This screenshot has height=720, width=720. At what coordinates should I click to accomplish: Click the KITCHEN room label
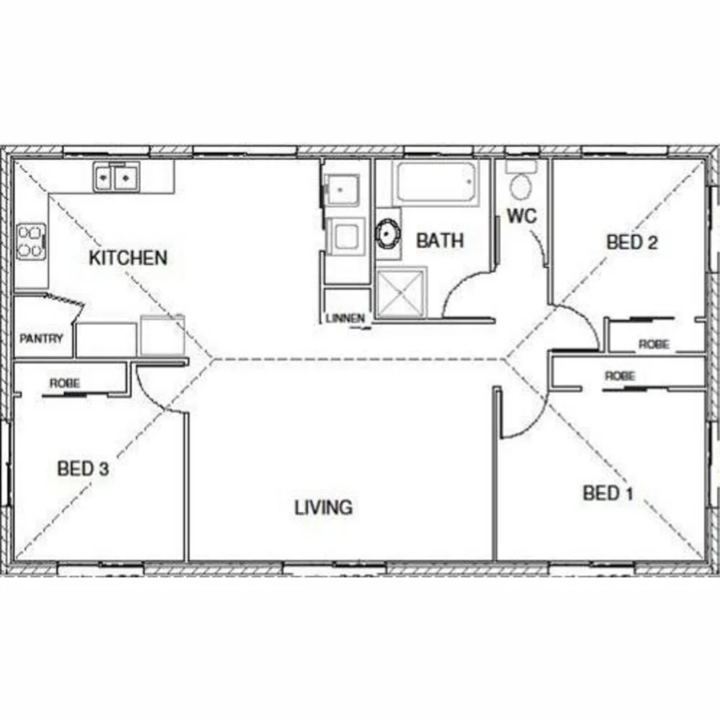tap(128, 258)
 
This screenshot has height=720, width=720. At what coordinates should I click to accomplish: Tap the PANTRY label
tap(41, 339)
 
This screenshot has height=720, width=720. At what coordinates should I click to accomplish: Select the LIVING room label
tap(323, 507)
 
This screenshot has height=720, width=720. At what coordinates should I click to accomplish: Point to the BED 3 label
tap(82, 469)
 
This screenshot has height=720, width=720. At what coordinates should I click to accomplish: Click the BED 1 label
tap(608, 493)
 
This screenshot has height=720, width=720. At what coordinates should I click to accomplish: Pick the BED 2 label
tap(632, 242)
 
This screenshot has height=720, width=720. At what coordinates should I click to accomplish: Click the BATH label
tap(440, 240)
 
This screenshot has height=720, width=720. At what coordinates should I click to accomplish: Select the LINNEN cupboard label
tap(346, 318)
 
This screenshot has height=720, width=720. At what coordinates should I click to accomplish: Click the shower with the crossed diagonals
tap(402, 293)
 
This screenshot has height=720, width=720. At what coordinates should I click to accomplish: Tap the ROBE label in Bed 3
tap(65, 384)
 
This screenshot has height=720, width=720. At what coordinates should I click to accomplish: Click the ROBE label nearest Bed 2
tap(653, 345)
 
